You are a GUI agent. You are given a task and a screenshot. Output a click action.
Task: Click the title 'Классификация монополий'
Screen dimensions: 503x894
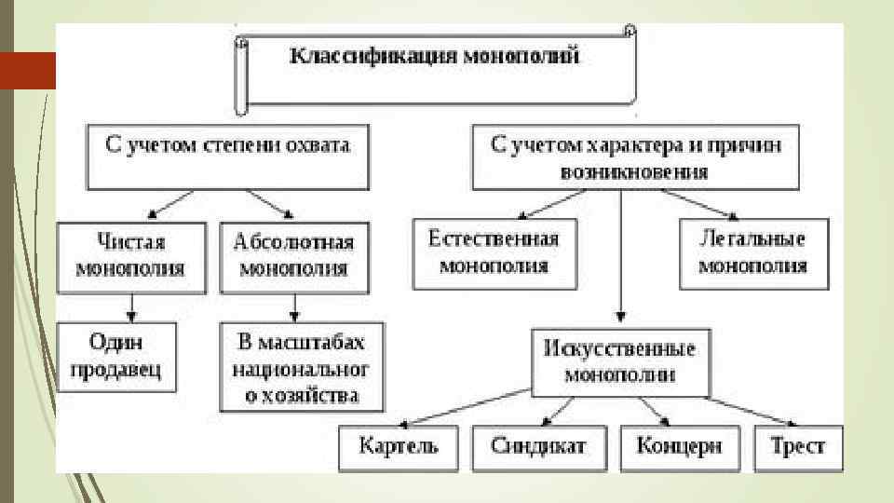click(436, 58)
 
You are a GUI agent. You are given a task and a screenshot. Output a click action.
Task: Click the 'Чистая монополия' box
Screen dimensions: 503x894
click(131, 255)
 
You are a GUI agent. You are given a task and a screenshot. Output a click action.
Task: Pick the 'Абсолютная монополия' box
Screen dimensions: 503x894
click(294, 255)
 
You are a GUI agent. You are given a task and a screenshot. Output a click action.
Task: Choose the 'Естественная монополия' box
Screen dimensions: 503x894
click(494, 252)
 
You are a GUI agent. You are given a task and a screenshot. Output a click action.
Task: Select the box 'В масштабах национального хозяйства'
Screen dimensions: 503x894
click(301, 367)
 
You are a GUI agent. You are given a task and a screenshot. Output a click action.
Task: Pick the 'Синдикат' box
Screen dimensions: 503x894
click(538, 445)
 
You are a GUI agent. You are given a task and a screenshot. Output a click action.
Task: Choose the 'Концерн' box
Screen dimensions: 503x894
click(679, 445)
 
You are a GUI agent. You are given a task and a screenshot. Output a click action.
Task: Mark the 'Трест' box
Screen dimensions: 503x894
click(797, 445)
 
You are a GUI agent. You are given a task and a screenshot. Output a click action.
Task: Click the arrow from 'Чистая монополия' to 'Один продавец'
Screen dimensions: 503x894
click(131, 306)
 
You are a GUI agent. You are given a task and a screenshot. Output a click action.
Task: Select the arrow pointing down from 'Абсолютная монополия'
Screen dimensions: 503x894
click(294, 306)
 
